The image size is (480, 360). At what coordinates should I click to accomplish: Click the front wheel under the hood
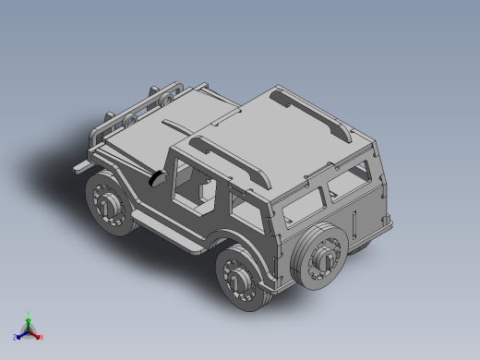(x=109, y=205)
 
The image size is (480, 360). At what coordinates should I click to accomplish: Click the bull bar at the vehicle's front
(x=138, y=106)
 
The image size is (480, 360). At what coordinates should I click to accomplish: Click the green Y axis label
(x=29, y=314)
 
